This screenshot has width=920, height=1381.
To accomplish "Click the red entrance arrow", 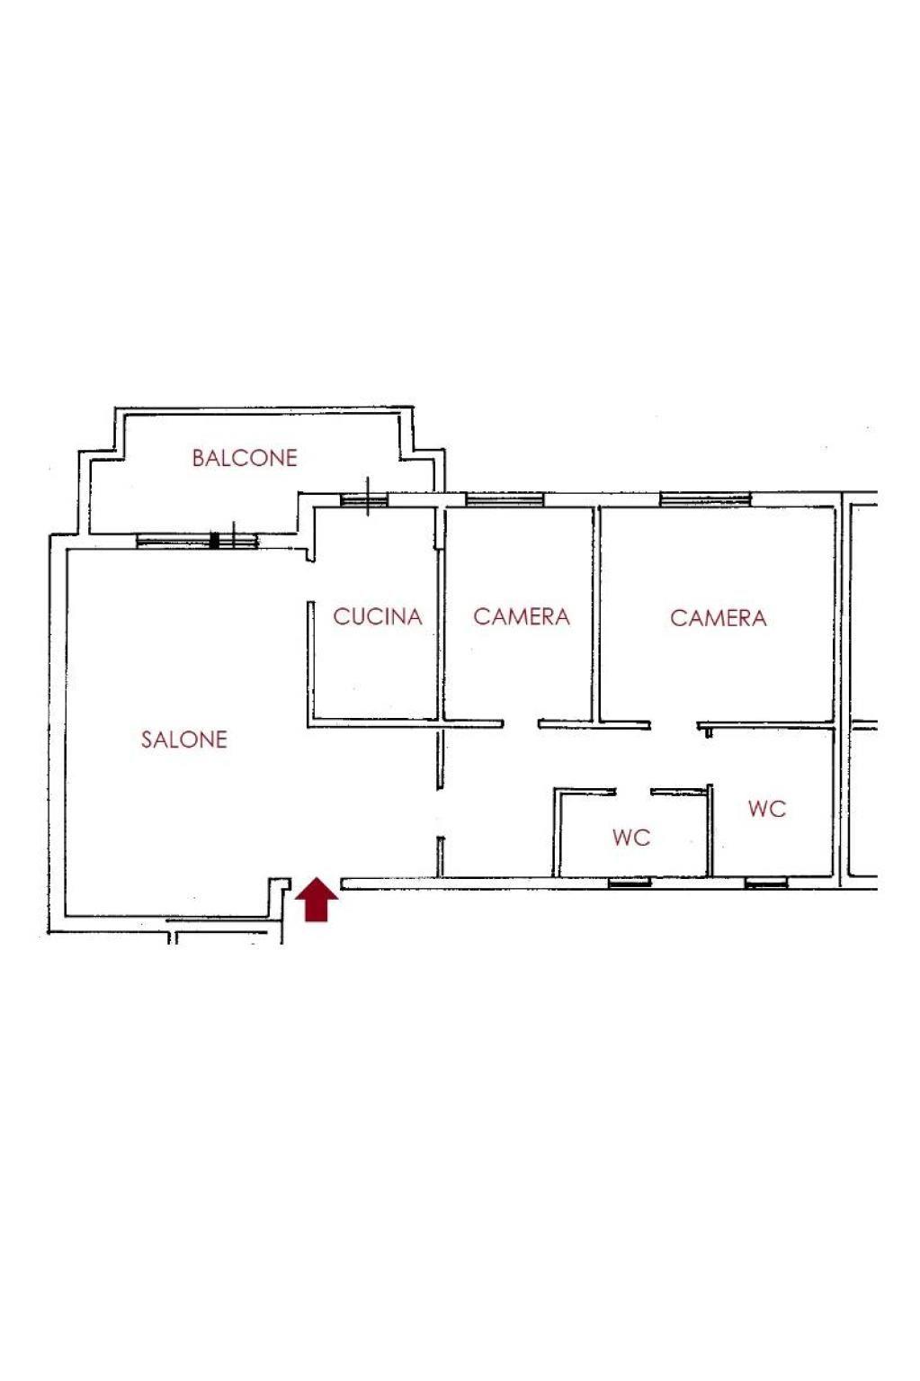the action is (x=317, y=900).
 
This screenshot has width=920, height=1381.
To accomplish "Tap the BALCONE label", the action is (x=245, y=458).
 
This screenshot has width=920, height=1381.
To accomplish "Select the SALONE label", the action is (x=184, y=740).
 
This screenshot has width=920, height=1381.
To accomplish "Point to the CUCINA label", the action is (x=378, y=616).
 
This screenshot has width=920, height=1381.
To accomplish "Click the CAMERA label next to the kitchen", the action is (x=522, y=616).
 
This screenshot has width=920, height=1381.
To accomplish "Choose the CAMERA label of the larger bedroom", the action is (x=719, y=618).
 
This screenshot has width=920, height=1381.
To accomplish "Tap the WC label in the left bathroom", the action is (x=631, y=838).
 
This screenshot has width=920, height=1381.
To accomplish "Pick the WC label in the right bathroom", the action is (x=767, y=809).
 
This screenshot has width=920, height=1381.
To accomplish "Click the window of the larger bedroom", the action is (x=705, y=498).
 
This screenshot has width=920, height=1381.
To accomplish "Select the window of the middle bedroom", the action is (x=504, y=498).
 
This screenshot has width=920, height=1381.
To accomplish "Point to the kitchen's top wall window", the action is (x=364, y=500).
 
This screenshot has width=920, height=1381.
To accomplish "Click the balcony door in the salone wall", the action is (x=197, y=541).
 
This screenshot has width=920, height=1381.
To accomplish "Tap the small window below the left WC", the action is (x=630, y=883).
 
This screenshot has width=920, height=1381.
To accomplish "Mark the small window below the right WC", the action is (x=765, y=883).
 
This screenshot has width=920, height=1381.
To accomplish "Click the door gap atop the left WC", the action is (x=633, y=792).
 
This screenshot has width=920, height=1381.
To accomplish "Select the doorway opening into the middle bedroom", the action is (x=521, y=724).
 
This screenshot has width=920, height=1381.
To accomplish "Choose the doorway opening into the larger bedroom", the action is (x=674, y=725).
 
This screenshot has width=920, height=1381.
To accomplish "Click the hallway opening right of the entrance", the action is (x=440, y=812).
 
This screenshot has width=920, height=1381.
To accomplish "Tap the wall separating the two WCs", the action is (x=710, y=829).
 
